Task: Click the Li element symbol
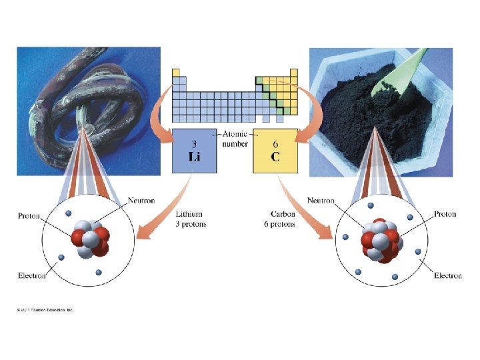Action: pyautogui.click(x=194, y=158)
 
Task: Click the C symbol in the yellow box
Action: pyautogui.click(x=275, y=158)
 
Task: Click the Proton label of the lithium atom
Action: pyautogui.click(x=29, y=216)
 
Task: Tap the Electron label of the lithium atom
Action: pyautogui.click(x=32, y=275)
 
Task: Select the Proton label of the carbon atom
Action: pyautogui.click(x=445, y=214)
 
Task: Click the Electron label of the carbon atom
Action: pyautogui.click(x=447, y=275)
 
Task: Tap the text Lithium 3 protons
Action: pyautogui.click(x=191, y=219)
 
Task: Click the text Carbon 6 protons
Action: pyautogui.click(x=282, y=219)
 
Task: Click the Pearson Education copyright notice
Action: pyautogui.click(x=45, y=309)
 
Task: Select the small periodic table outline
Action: pyautogui.click(x=231, y=94)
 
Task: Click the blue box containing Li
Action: pyautogui.click(x=194, y=151)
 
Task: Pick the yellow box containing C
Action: pyautogui.click(x=275, y=151)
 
